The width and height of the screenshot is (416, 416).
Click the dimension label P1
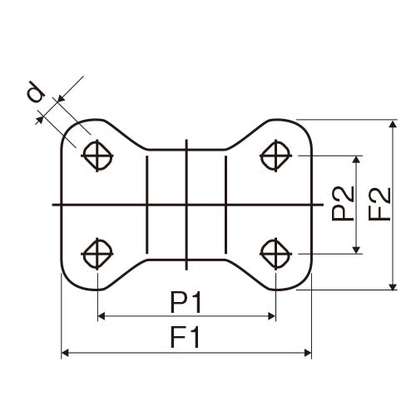186,302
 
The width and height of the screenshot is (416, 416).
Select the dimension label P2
343,203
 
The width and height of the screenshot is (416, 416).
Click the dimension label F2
380,204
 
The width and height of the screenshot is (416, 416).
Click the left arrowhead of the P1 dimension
102,316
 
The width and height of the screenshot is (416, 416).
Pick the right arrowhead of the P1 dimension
271,316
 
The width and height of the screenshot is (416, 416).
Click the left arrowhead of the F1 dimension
65,353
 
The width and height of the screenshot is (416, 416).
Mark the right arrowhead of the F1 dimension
308,353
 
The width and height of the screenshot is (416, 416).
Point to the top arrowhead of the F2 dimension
393,124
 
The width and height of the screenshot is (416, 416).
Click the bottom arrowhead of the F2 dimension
393,286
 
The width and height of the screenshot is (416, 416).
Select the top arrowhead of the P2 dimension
357,159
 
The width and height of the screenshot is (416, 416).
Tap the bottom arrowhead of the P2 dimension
357,250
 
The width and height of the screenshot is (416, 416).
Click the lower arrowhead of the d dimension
40,120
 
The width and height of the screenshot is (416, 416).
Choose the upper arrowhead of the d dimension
61,99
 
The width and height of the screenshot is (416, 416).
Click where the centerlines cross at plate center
186,205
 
